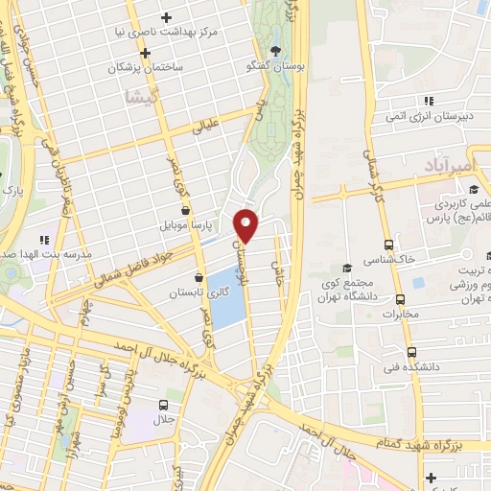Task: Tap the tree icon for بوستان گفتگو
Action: (277, 52)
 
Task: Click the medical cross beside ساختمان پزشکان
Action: (145, 53)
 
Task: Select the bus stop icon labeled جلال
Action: (164, 405)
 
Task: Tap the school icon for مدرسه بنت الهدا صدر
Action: (42, 239)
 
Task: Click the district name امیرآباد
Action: (446, 167)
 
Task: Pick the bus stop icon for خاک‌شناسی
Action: (388, 245)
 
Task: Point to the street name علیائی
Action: (206, 125)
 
